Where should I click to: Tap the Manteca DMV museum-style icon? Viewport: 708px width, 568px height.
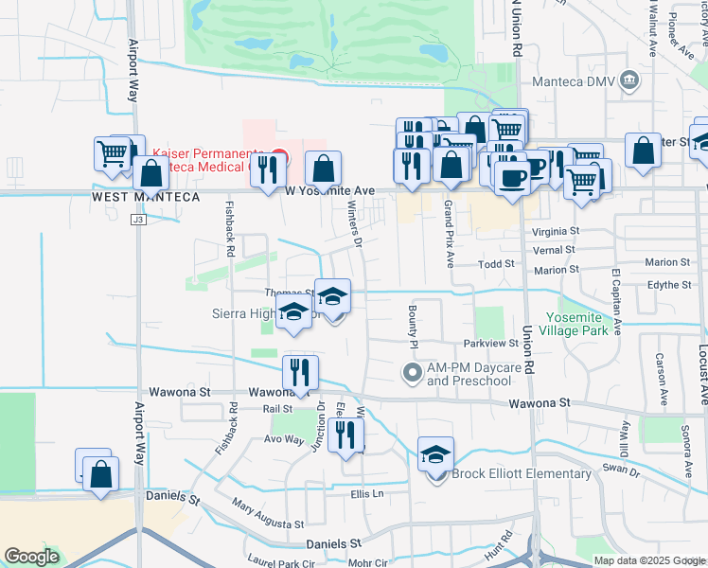click(x=628, y=80)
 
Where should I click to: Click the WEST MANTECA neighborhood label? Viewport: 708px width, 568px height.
click(x=146, y=197)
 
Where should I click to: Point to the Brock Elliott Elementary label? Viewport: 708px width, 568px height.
click(x=522, y=474)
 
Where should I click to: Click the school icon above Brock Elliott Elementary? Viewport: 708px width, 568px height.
click(x=435, y=454)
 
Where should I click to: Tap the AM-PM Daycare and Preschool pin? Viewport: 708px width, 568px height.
click(x=411, y=371)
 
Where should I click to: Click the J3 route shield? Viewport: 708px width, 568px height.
click(x=138, y=220)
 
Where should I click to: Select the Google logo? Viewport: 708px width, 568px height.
click(x=31, y=557)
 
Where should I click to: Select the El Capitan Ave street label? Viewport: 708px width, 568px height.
click(x=616, y=302)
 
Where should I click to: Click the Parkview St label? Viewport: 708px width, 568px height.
click(x=487, y=343)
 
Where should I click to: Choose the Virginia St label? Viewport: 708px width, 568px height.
click(x=555, y=231)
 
